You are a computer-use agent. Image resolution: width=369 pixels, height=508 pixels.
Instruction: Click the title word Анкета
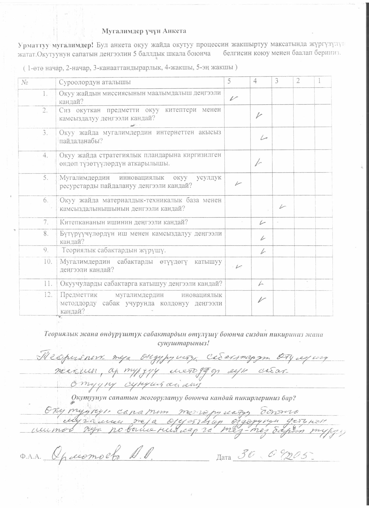click(174, 31)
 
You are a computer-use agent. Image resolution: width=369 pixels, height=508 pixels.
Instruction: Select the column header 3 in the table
click(276, 81)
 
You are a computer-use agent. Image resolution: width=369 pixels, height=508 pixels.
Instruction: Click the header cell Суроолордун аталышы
click(95, 82)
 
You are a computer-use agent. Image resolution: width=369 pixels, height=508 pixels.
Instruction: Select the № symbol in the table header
click(25, 82)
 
